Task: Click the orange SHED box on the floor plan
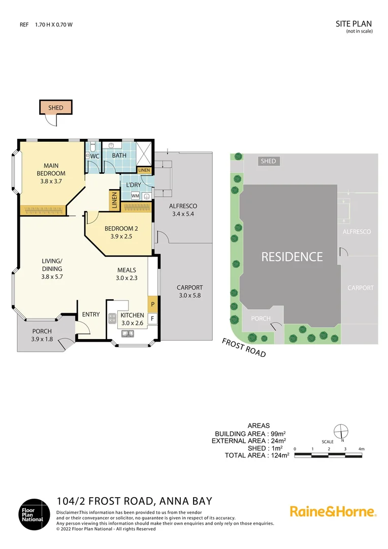(x=56, y=107)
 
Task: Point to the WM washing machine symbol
(x=135, y=195)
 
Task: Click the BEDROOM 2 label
(x=121, y=232)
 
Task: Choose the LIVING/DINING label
(x=52, y=268)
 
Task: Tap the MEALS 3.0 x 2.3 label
(x=127, y=274)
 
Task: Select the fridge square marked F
(x=153, y=319)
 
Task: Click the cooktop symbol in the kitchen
(x=112, y=318)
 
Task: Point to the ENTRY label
(x=91, y=314)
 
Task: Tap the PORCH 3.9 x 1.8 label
(x=42, y=335)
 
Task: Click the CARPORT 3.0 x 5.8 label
(x=189, y=291)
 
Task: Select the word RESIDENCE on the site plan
(x=292, y=257)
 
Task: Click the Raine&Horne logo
(x=333, y=511)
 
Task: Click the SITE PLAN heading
(x=354, y=23)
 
